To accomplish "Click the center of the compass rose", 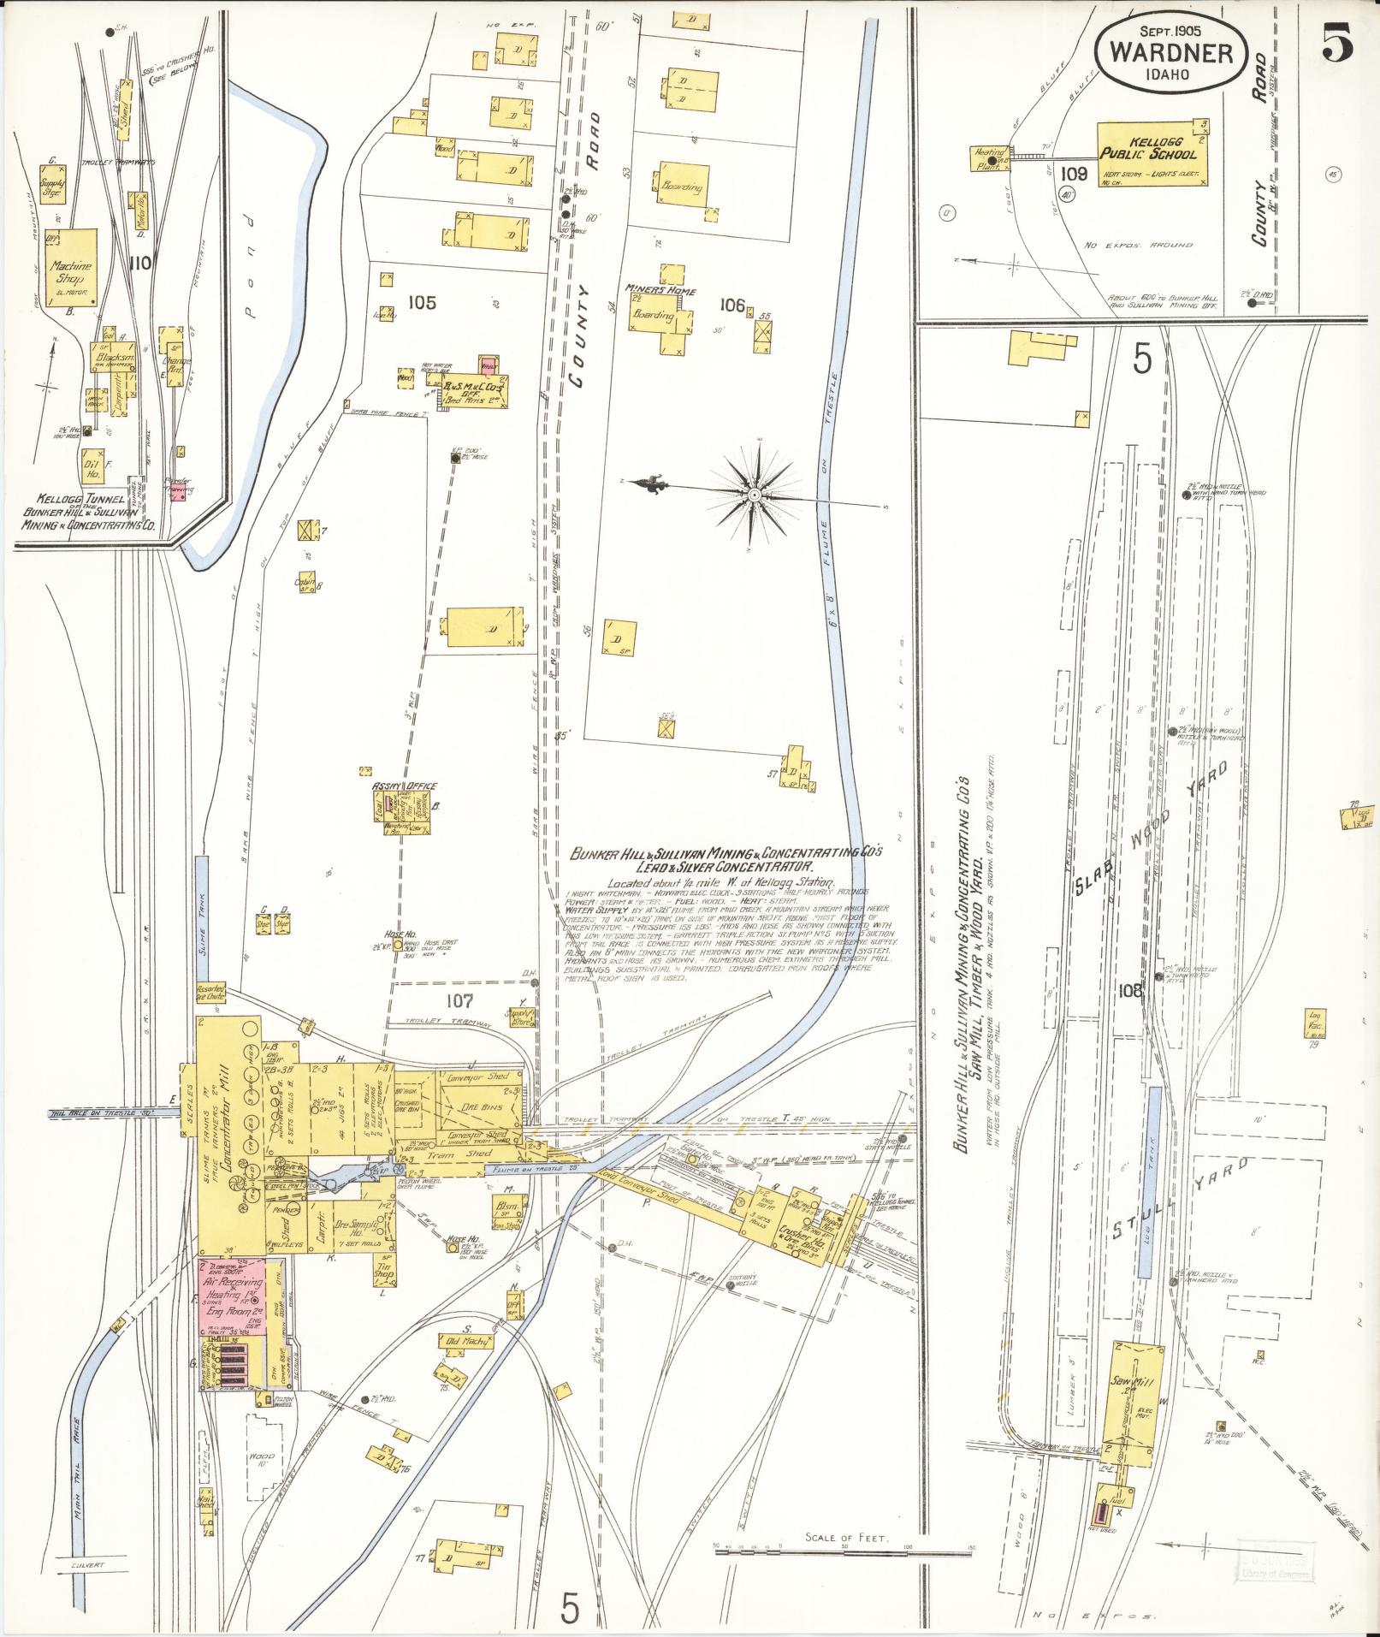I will (755, 495).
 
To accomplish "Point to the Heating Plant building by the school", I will (988, 158).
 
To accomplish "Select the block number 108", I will (1129, 991).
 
